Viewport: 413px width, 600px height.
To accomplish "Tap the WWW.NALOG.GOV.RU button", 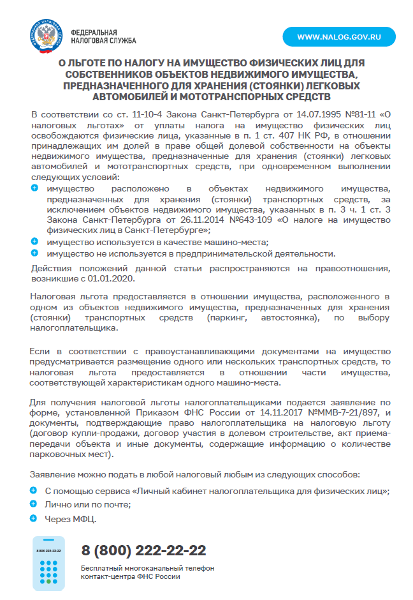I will pyautogui.click(x=339, y=36).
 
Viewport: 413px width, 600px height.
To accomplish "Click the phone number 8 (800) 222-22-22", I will pyautogui.click(x=143, y=550).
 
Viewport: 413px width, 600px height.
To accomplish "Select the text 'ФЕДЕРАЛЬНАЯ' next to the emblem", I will pyautogui.click(x=94, y=32).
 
